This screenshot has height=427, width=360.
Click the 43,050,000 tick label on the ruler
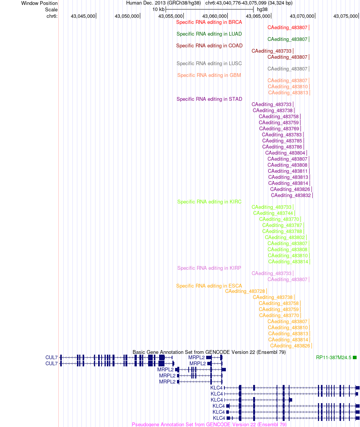tap(127, 16)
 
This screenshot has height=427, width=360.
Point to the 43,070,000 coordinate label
tap(302, 16)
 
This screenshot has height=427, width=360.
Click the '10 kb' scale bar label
tap(158, 9)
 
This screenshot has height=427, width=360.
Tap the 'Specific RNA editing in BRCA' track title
tap(209, 22)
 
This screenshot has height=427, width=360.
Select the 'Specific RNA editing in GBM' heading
tap(209, 75)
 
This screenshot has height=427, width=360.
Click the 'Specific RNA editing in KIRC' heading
tap(210, 202)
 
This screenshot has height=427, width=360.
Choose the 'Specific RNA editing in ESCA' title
tap(209, 286)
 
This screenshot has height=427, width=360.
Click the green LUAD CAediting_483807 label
tap(287, 39)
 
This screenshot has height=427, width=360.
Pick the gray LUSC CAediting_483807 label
tap(287, 69)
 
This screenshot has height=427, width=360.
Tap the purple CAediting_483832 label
tap(291, 196)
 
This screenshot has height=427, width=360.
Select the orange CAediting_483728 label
tap(245, 291)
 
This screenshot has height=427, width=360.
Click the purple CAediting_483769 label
tap(279, 129)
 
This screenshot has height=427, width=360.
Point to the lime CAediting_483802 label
tap(285, 238)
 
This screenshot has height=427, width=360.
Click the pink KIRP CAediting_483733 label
tap(271, 274)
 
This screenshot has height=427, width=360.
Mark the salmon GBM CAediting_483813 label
tap(288, 93)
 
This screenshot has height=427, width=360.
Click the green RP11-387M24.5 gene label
tap(333, 358)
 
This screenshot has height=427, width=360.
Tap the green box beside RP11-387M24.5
tap(355, 358)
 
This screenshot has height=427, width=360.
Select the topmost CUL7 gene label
tap(52, 358)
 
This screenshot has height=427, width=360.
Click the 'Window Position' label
tap(39, 3)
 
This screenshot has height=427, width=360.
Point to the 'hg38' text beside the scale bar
tap(262, 9)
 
